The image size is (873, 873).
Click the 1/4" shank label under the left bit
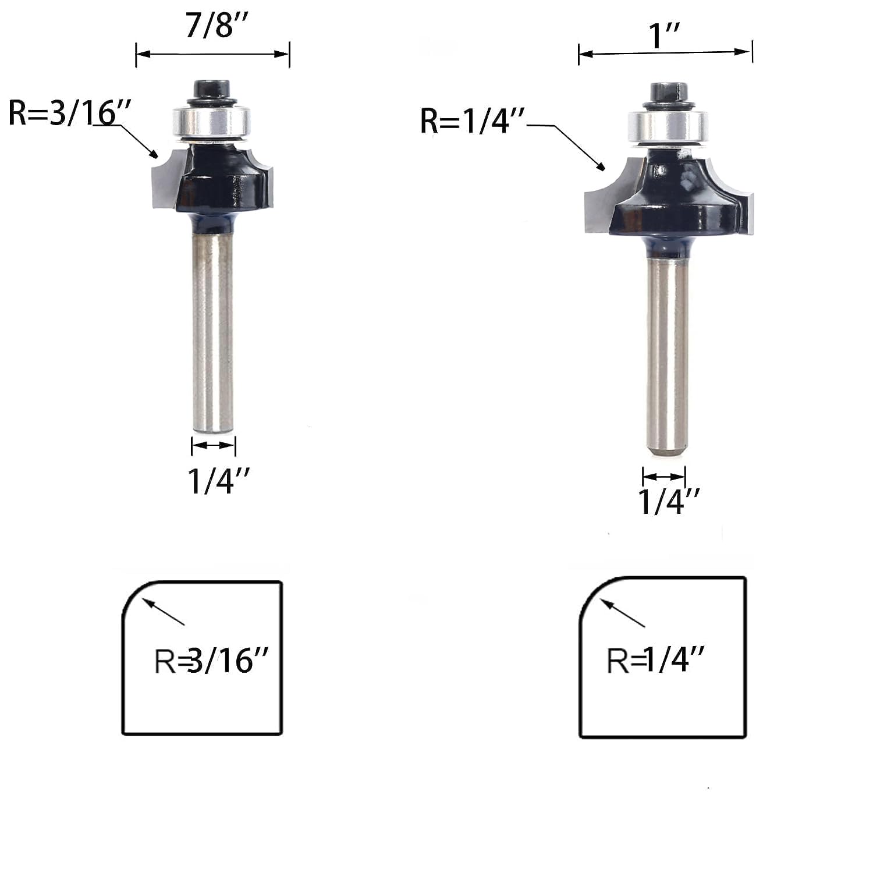pyautogui.click(x=218, y=481)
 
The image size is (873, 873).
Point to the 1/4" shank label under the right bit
pyautogui.click(x=669, y=502)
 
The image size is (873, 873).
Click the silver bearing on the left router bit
pyautogui.click(x=212, y=123)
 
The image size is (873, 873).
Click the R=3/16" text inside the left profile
pyautogui.click(x=211, y=661)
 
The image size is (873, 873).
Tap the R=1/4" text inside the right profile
pyautogui.click(x=656, y=660)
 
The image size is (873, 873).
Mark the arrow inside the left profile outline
pyautogui.click(x=164, y=612)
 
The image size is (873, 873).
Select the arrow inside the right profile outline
pyautogui.click(x=623, y=613)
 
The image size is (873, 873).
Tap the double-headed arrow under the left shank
pyautogui.click(x=213, y=445)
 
